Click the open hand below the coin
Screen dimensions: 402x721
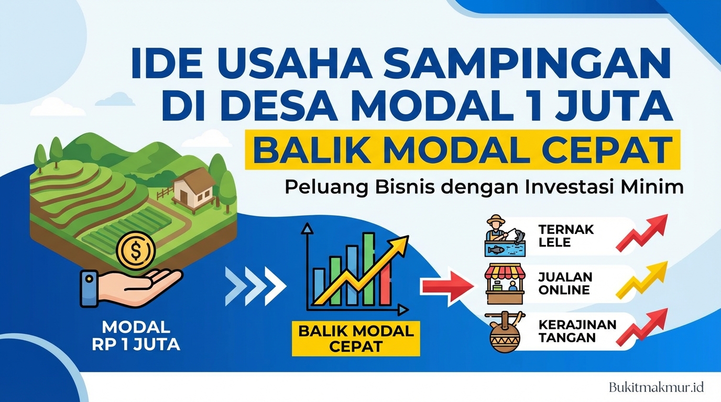[x=131, y=287]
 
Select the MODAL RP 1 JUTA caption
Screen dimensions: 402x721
[x=136, y=336]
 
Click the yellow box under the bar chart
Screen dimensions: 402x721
[x=356, y=338]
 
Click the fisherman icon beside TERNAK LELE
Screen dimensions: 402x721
[x=504, y=235]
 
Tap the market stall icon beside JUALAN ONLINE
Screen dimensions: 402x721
[x=505, y=284]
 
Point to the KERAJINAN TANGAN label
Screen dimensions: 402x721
[x=570, y=331]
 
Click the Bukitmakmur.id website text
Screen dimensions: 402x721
[x=656, y=387]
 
